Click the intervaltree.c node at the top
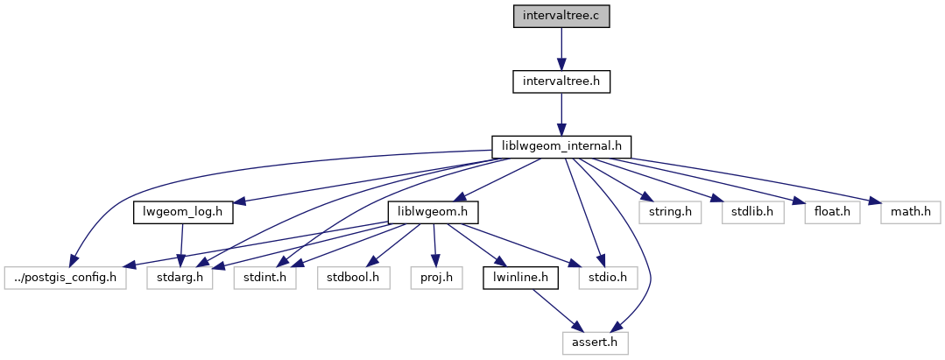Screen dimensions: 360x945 point(561,17)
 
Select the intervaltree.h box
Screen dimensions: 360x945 point(561,81)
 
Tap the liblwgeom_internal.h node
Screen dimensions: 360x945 point(561,147)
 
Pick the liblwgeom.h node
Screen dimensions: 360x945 point(434,213)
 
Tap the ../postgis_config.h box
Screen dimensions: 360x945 point(64,278)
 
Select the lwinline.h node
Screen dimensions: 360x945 point(515,278)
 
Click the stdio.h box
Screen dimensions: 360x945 point(602,278)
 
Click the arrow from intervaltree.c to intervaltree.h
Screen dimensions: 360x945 point(561,49)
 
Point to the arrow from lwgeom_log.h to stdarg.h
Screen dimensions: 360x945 point(180,245)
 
